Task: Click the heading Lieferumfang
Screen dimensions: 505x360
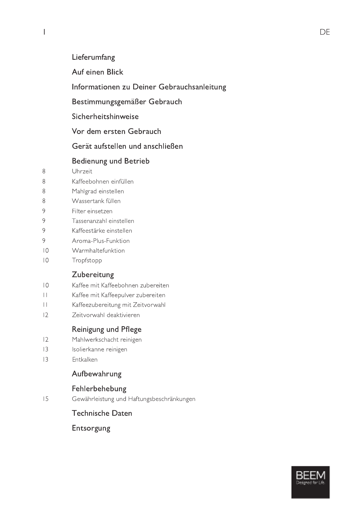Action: point(93,57)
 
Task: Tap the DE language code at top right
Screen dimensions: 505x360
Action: point(324,32)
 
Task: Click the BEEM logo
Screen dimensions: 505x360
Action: point(310,482)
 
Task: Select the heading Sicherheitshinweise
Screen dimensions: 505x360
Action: point(105,117)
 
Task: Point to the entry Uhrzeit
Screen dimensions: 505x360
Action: point(82,171)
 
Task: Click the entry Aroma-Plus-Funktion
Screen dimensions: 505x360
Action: point(100,241)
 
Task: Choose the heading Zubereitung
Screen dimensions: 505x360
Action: point(93,275)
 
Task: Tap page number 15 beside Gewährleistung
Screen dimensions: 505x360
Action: point(46,399)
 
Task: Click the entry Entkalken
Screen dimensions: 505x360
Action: point(85,359)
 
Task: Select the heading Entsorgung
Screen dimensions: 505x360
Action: point(91,428)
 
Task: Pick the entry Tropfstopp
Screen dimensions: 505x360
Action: point(87,260)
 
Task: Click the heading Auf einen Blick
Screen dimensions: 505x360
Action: point(97,72)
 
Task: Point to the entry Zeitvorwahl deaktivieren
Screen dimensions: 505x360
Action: point(106,315)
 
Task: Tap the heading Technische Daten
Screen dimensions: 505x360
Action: point(102,413)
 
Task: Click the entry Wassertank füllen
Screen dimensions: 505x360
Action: point(96,201)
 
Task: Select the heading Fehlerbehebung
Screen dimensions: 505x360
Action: point(99,389)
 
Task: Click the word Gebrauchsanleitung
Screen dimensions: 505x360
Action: point(192,87)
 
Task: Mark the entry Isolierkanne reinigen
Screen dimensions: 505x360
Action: point(100,349)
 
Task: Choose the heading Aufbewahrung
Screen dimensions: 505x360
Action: point(96,374)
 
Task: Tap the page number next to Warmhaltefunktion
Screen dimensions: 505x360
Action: point(46,251)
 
